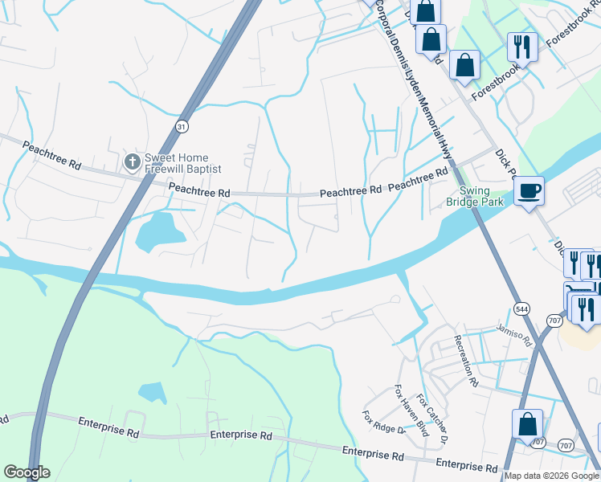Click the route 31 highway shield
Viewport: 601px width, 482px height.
point(182,126)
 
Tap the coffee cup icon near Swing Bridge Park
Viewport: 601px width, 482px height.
point(528,191)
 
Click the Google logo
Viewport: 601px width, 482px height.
point(27,472)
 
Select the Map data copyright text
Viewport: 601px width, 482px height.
point(551,476)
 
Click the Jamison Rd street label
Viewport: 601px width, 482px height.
point(514,337)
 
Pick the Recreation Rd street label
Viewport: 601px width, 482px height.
point(466,359)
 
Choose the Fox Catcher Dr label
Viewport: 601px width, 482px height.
point(435,423)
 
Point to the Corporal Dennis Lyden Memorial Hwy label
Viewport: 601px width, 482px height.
point(413,80)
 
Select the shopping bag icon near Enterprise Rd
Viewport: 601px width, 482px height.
point(528,423)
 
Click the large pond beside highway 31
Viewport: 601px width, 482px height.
point(158,231)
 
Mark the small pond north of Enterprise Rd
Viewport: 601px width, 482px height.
point(153,392)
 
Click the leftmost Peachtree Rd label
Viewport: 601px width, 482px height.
point(51,155)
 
